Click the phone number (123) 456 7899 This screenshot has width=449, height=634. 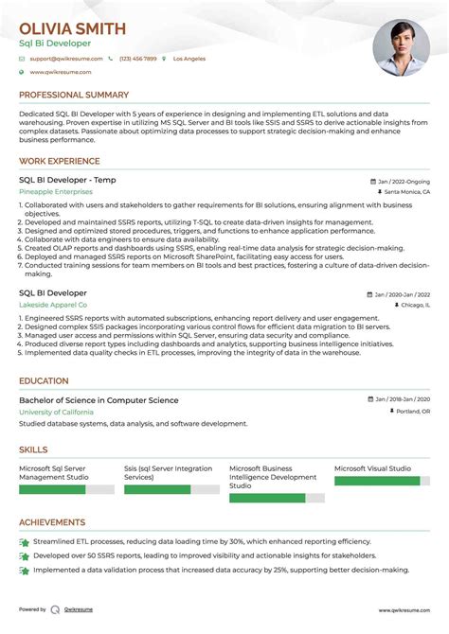click(x=137, y=59)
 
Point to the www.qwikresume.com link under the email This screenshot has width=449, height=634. click(x=60, y=72)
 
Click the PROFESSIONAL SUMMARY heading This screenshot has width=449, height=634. click(x=74, y=96)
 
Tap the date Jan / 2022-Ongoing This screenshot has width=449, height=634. click(x=404, y=180)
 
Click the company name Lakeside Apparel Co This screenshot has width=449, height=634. click(x=53, y=306)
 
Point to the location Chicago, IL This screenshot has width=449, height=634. click(x=413, y=306)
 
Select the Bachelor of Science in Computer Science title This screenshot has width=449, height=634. click(x=99, y=400)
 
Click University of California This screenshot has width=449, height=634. click(x=57, y=412)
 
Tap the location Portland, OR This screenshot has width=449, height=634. click(x=411, y=412)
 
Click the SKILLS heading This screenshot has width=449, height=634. click(x=34, y=450)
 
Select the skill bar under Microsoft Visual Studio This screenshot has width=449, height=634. click(x=377, y=481)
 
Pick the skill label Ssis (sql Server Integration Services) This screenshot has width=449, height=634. click(x=168, y=473)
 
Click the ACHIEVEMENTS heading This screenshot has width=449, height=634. click(x=52, y=522)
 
